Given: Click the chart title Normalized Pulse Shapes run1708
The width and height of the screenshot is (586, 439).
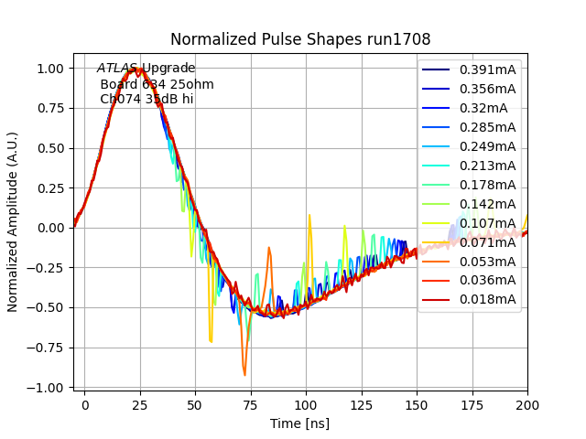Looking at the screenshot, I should [x=300, y=39].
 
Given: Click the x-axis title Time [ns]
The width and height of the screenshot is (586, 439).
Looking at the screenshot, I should [x=299, y=423].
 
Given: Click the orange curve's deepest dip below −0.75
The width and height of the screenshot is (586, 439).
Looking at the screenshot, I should [x=244, y=374].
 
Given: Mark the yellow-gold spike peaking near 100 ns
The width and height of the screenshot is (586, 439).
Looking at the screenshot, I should [x=309, y=217].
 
